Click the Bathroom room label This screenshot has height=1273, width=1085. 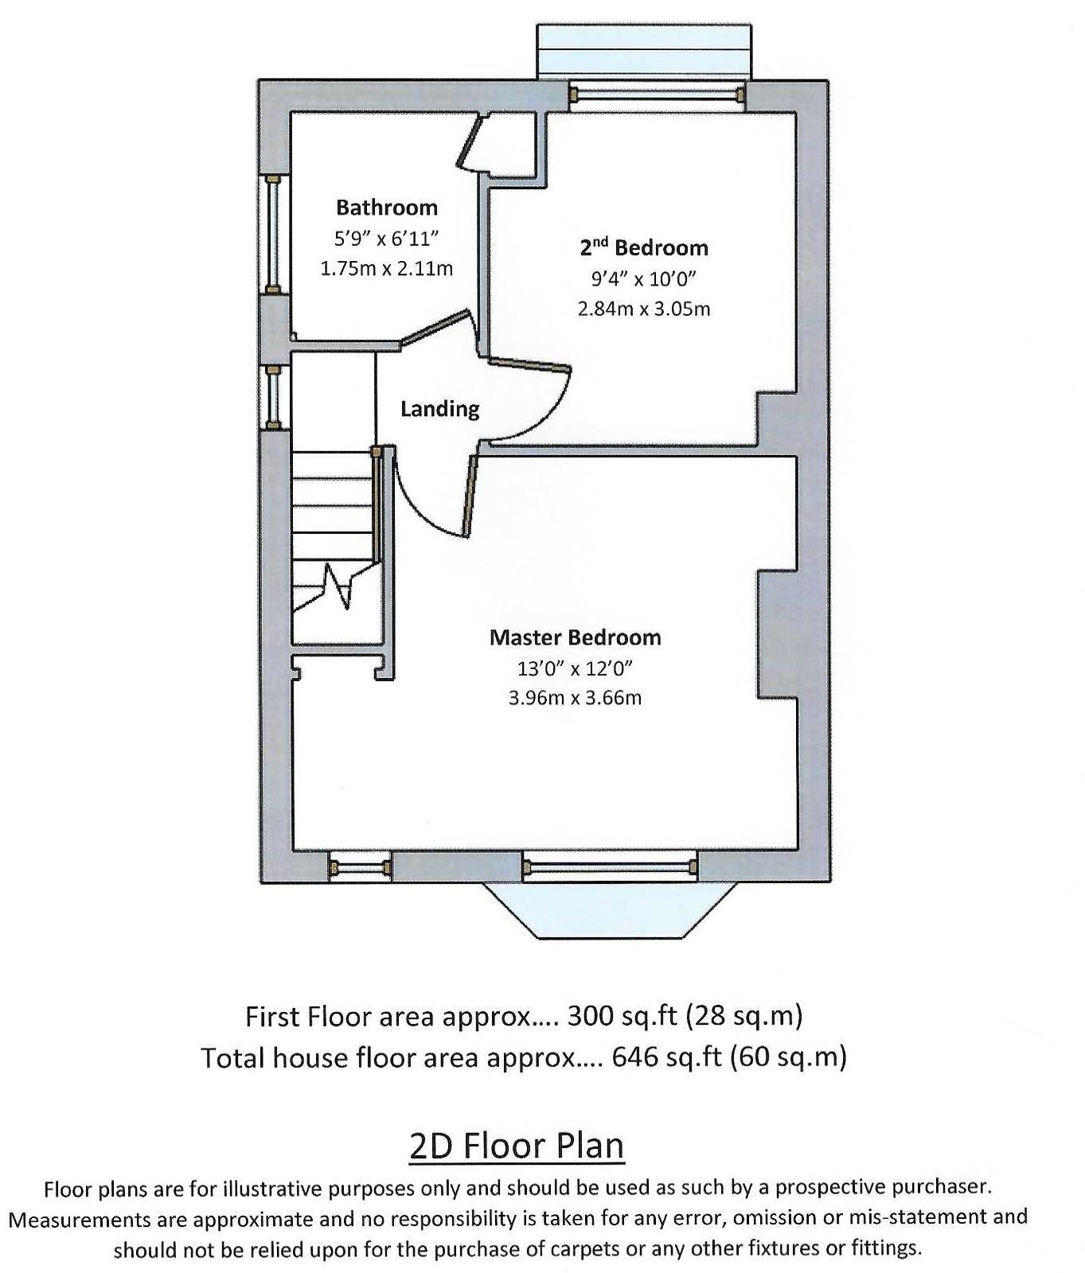pos(387,208)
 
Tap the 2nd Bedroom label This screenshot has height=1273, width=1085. pos(643,247)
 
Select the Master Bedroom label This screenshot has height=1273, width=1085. pos(575,637)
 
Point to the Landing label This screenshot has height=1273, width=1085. pos(439,409)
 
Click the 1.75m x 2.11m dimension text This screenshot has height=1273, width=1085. pos(387,269)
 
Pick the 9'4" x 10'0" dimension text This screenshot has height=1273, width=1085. pos(643,278)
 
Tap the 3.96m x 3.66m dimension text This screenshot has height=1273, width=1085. pos(575,698)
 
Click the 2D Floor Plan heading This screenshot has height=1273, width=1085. pos(517,1146)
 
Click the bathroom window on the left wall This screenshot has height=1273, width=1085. pos(272,234)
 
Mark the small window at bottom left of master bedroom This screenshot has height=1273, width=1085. pos(360,867)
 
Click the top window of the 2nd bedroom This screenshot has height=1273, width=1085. pos(657,95)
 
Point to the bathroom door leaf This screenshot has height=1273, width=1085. pos(437,327)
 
